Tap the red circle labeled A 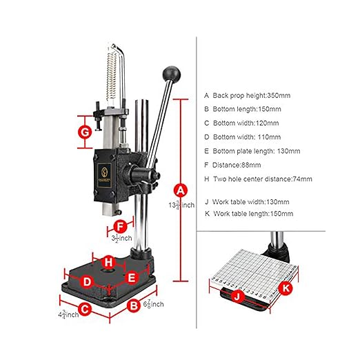click(181, 189)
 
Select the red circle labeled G click(84, 131)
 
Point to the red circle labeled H click(108, 261)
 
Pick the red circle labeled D click(86, 281)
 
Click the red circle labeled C click(84, 310)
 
